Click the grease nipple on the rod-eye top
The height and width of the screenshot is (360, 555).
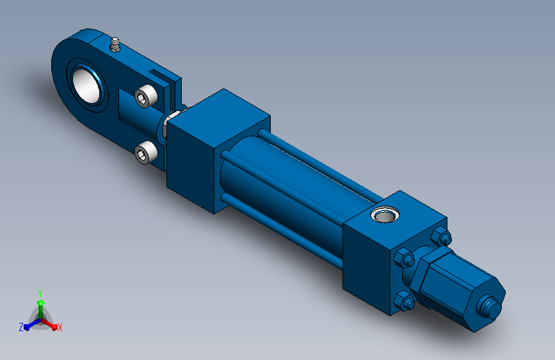[115, 45]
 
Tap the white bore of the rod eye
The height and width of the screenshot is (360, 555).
[86, 86]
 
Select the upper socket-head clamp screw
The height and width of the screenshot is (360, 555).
[146, 95]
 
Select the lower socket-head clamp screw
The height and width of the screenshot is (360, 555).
[146, 152]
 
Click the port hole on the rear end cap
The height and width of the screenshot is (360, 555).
[385, 215]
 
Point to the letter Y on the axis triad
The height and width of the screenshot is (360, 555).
[40, 293]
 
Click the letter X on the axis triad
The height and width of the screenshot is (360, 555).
[60, 328]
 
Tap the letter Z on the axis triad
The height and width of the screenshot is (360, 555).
[21, 327]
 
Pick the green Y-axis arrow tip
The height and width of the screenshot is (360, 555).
[41, 303]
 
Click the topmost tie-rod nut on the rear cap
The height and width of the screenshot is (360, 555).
[441, 236]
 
